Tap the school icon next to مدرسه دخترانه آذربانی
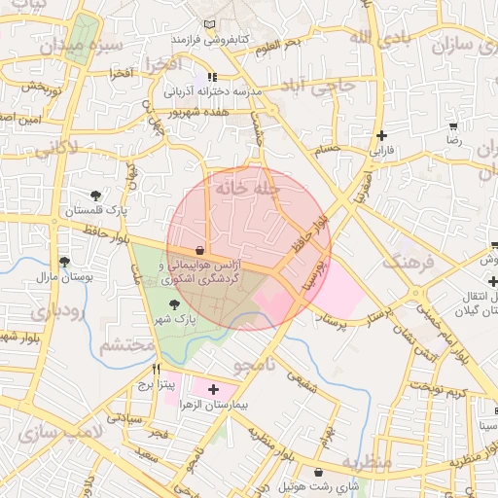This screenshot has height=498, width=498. [212, 77]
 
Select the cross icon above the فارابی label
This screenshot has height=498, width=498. [381, 136]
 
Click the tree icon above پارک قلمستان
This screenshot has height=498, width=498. [95, 196]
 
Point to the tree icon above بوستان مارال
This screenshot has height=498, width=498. [64, 262]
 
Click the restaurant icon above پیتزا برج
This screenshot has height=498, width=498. [156, 371]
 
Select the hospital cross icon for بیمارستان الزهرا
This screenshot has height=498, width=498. [214, 389]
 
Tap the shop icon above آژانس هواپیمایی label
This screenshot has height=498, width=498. [199, 249]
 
